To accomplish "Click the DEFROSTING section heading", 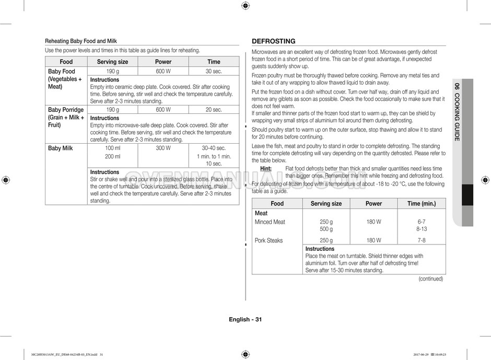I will click(273, 41).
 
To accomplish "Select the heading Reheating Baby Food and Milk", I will click(81, 41).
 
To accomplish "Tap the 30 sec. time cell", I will click(213, 72).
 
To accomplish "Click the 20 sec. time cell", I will click(213, 110).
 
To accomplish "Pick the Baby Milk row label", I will click(61, 148).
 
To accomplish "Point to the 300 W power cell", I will click(163, 148).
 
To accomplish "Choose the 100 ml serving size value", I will click(112, 148).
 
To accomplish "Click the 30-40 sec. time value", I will click(214, 148).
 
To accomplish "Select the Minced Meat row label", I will click(270, 222).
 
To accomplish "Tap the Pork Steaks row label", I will click(268, 240).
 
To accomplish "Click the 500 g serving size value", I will click(326, 229).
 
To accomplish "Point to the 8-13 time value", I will click(422, 229).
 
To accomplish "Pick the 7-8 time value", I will click(422, 240).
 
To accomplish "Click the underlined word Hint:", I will click(266, 169).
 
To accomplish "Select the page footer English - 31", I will click(245, 320).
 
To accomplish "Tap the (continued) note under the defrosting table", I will click(430, 279).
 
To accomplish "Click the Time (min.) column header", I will click(421, 204).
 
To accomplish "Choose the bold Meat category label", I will click(261, 213).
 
